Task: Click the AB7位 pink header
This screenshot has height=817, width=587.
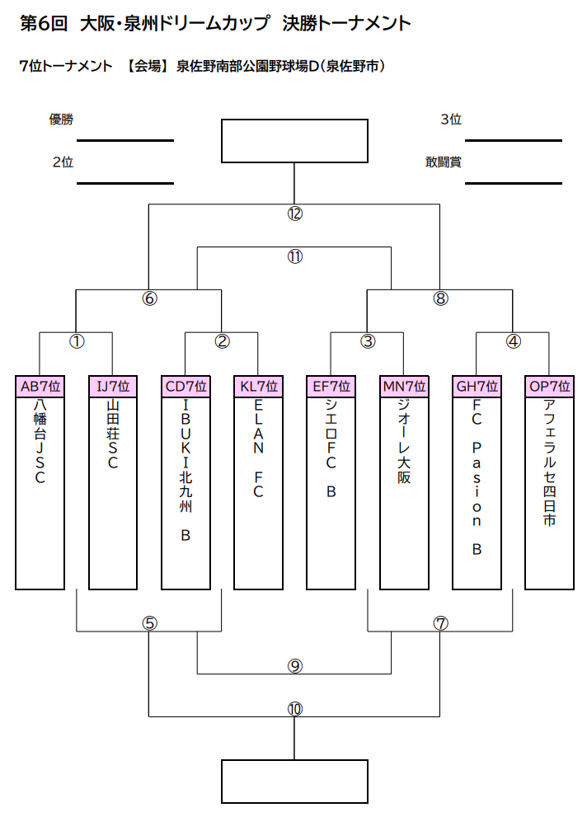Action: point(40,387)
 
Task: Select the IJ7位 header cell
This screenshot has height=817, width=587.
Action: point(113,387)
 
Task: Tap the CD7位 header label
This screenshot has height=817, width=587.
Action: point(186,387)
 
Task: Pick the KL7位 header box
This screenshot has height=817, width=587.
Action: point(258,387)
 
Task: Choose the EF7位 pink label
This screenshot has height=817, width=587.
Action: point(331,387)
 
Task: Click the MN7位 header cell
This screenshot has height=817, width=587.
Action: point(404,387)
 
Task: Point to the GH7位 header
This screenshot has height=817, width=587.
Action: point(477,387)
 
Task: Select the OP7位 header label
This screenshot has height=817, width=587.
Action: point(550,387)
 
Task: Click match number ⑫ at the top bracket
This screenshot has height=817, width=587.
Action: point(295,214)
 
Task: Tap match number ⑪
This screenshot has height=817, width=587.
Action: point(295,256)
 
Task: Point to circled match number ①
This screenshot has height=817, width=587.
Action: point(77,341)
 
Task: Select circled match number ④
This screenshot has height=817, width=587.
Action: point(514,341)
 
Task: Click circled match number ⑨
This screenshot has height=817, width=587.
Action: point(295,666)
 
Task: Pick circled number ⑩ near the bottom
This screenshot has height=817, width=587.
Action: point(295,709)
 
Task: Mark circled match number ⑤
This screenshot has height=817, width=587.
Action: point(149,623)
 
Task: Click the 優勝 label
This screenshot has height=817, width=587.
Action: point(62,120)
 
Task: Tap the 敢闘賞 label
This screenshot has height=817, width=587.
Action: point(444,162)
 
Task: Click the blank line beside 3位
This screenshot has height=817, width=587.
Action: point(514,141)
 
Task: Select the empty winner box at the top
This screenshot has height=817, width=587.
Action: point(295,141)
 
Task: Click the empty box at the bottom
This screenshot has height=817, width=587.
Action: point(295,782)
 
